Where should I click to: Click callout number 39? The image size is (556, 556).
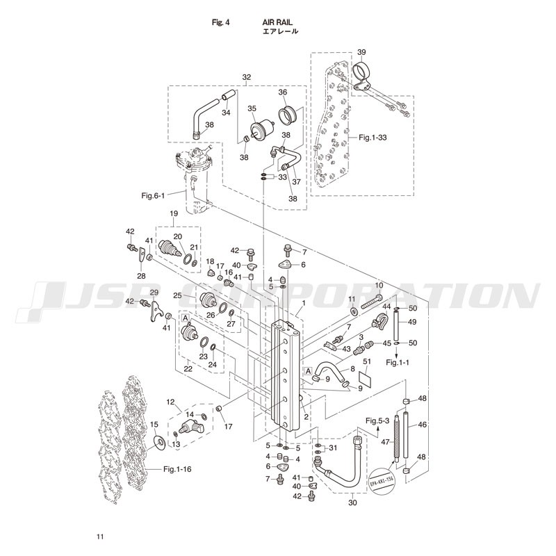(361, 52)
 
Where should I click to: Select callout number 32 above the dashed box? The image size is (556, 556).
(246, 76)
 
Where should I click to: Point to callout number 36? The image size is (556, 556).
(283, 92)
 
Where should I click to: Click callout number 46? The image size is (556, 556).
(421, 423)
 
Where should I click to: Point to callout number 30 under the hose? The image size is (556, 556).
(352, 502)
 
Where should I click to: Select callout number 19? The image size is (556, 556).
(174, 213)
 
